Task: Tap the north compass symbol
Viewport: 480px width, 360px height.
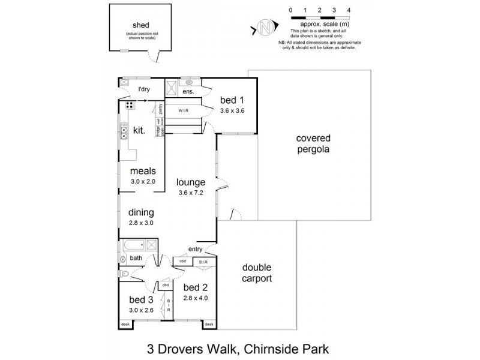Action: [x=265, y=26]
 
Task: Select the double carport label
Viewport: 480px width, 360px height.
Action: [x=257, y=272]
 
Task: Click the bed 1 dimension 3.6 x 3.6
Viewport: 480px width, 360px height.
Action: [x=232, y=110]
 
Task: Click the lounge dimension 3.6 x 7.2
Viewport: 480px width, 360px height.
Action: [x=191, y=193]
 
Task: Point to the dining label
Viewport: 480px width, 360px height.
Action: [x=141, y=212]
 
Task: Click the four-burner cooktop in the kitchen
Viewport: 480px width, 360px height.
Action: [x=130, y=106]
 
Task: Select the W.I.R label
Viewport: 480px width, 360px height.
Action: [x=184, y=111]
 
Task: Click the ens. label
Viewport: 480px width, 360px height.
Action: [x=188, y=91]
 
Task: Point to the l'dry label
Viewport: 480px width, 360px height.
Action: [x=143, y=89]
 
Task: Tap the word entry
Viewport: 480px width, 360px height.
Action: [x=196, y=248]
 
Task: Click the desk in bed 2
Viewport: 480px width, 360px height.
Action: [x=209, y=325]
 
